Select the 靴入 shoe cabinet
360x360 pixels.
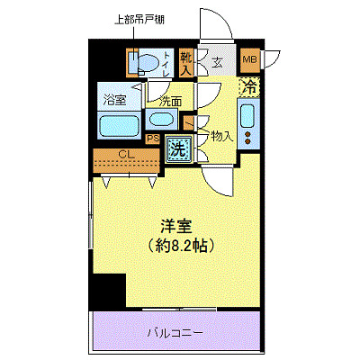(x=186, y=61)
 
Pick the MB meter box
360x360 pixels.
(x=250, y=61)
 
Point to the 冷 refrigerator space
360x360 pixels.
(x=249, y=87)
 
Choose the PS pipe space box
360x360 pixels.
(x=153, y=139)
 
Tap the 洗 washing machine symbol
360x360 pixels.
(x=178, y=147)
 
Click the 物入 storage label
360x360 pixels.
(x=222, y=137)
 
